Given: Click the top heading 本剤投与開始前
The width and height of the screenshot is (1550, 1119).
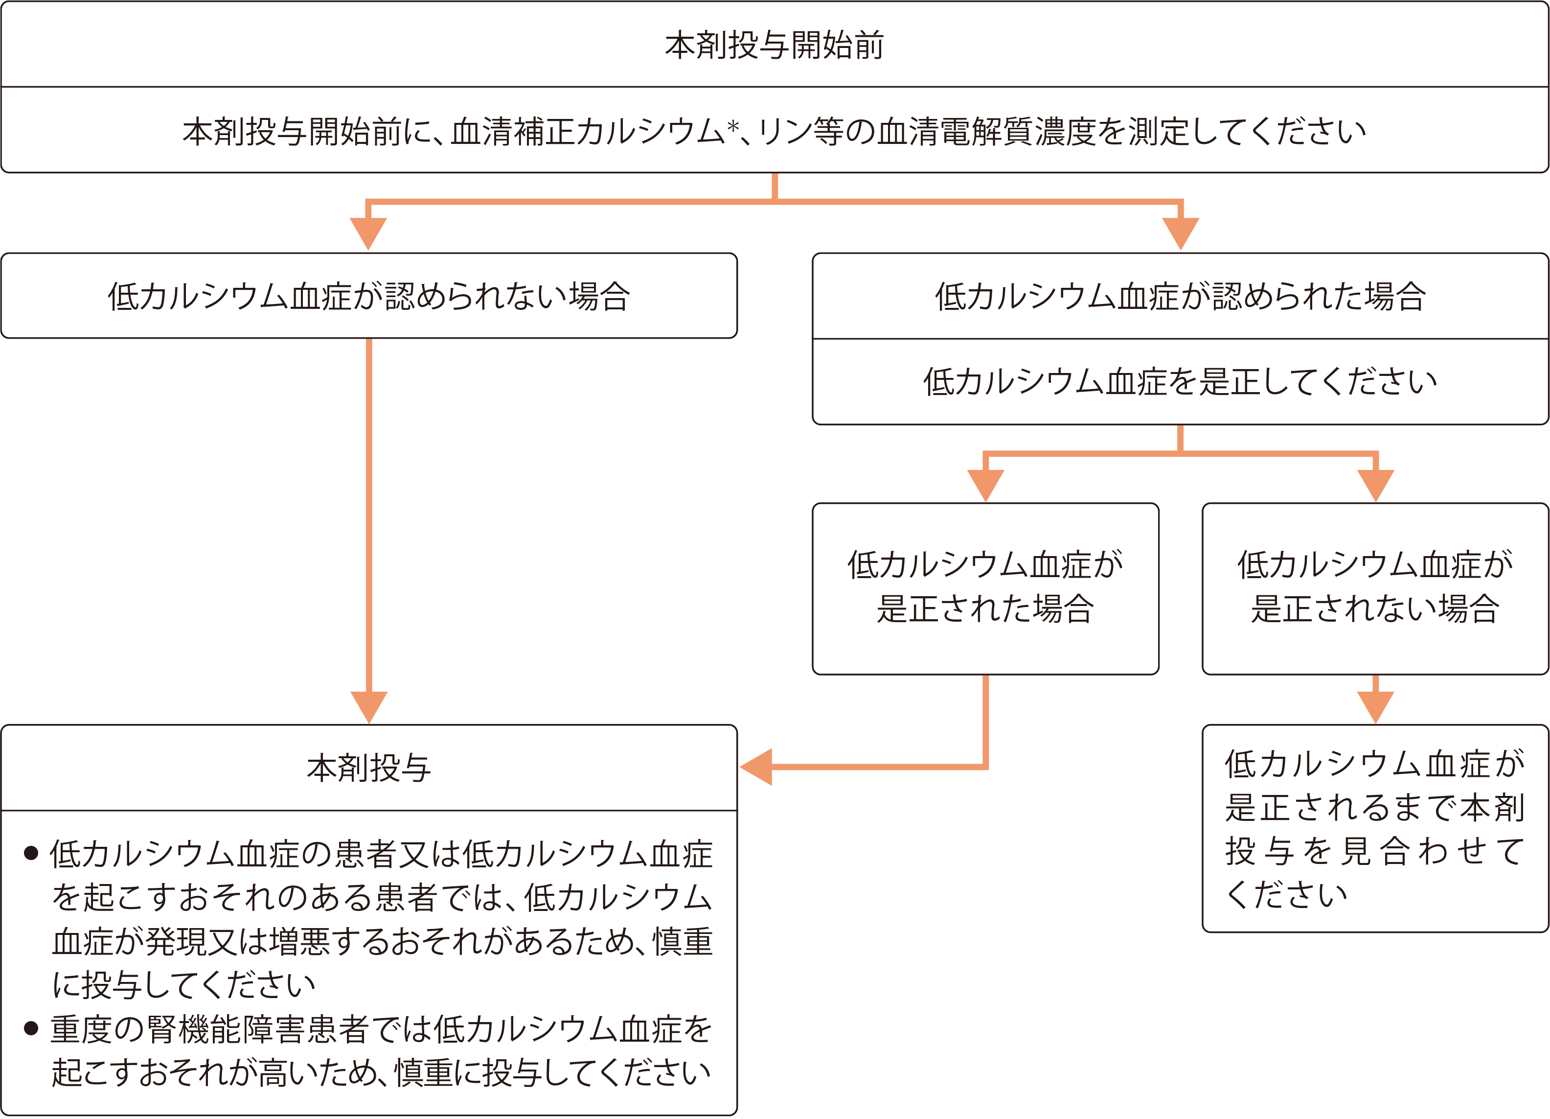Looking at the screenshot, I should (775, 45).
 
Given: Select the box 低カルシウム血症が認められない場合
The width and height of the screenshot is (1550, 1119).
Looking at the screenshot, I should (368, 296).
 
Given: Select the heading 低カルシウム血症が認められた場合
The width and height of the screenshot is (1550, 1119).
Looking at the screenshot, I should (1180, 296).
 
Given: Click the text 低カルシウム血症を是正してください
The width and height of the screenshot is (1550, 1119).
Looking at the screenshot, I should (1180, 381).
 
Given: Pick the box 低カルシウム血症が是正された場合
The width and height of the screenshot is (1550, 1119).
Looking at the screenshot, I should (985, 588).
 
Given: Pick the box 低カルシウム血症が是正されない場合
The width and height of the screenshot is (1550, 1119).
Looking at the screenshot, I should (1374, 588).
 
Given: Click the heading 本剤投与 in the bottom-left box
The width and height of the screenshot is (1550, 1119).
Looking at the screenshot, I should (368, 768).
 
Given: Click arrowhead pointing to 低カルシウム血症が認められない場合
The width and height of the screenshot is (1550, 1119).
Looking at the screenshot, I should (368, 233).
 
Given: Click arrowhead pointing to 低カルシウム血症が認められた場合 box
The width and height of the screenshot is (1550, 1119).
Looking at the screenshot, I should (1180, 233).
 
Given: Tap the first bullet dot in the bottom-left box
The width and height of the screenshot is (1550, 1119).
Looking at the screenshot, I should (31, 853).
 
